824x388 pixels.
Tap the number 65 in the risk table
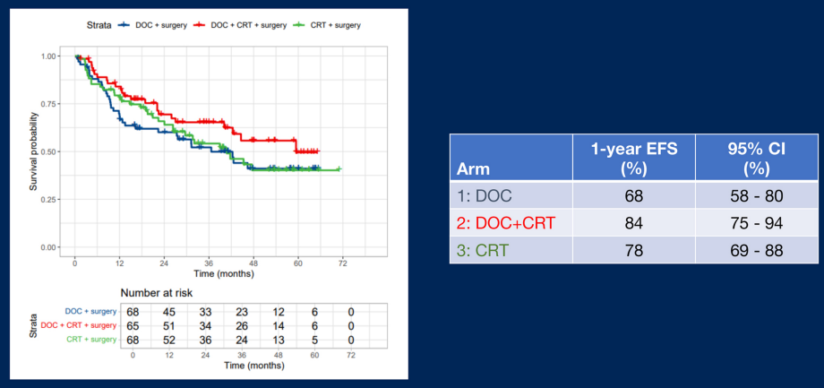[133, 325]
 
